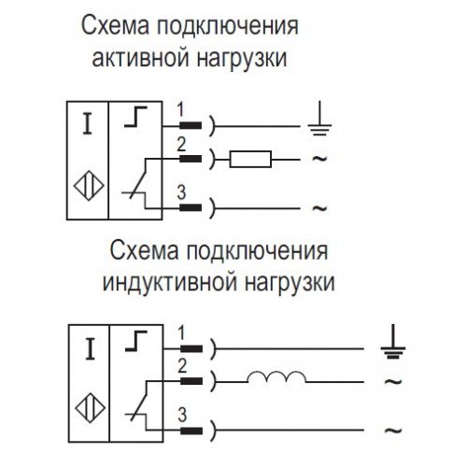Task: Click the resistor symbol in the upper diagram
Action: pos(250,159)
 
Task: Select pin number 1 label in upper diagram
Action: pos(180,110)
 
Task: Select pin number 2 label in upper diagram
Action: pos(181,144)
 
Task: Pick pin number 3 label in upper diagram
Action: pos(181,192)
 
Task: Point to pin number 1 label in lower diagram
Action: pos(181,333)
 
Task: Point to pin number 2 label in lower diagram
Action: pos(182,366)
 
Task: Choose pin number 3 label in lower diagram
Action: pos(182,415)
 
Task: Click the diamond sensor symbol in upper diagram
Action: pos(89,186)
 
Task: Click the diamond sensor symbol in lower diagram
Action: pos(91,408)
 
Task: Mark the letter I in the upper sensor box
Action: pos(88,123)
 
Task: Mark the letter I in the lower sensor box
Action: pos(91,349)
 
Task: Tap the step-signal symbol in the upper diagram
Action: pos(135,117)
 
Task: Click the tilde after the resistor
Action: pos(319,159)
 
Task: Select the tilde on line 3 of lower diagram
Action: pos(393,431)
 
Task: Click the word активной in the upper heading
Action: pos(141,58)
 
